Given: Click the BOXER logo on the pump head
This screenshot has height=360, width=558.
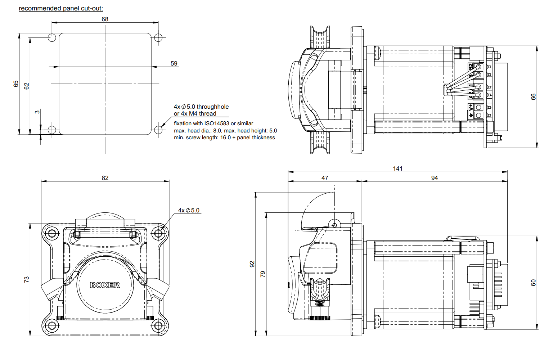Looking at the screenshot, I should point(105,285).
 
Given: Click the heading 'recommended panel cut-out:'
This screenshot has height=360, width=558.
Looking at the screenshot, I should point(61,8).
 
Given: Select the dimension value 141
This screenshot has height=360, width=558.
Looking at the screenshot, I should point(397,168).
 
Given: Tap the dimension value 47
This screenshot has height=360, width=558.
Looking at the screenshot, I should point(325,178).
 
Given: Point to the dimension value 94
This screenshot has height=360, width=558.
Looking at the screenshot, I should point(435,178).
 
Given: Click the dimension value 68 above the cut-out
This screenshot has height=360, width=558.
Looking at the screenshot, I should point(105,19).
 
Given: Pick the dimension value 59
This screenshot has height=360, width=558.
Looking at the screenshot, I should point(174,63).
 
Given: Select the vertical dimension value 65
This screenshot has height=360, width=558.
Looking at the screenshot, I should point(16,84).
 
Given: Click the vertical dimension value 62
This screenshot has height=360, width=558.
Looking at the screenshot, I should point(26,86).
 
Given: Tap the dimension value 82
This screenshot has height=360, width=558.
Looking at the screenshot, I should point(105,178).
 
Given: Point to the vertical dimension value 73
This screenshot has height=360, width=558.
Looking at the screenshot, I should point(26,279).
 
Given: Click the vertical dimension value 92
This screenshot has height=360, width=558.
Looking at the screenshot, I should point(252,264).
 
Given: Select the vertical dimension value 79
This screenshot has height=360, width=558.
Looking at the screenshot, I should point(263,274).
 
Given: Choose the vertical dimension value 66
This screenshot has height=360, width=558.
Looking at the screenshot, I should point(533,96).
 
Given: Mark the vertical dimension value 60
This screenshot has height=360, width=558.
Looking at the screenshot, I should point(533,283).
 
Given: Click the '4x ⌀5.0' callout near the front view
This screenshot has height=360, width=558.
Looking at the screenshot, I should point(189,211).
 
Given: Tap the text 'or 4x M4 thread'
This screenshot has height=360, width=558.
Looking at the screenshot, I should point(195,114).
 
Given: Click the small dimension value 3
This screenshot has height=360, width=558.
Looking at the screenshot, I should point(37,112).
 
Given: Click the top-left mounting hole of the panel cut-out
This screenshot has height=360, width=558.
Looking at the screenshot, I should point(52,37).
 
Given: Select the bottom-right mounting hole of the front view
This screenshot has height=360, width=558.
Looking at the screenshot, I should point(158,326).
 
